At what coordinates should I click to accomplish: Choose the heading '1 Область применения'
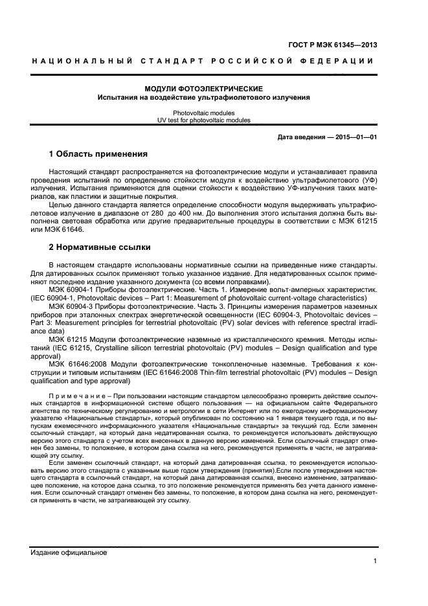point(98,155)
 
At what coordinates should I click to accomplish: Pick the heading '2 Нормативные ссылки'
point(100,247)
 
